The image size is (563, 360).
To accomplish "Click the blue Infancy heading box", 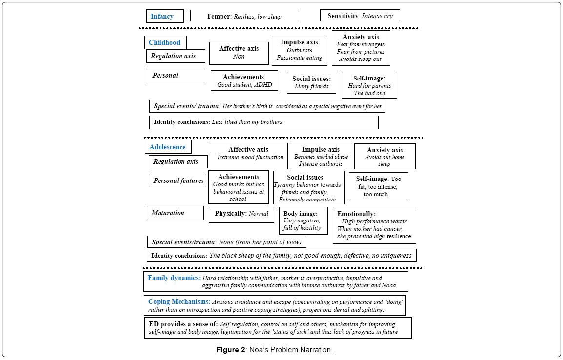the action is (x=165, y=16).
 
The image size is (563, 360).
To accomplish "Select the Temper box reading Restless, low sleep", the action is (x=244, y=16).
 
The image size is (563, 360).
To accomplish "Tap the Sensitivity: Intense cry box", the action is (x=360, y=16).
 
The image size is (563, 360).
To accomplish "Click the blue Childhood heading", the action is (x=164, y=42).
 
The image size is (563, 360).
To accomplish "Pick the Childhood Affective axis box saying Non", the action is (x=239, y=53).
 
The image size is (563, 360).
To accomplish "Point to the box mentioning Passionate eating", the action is (x=300, y=51).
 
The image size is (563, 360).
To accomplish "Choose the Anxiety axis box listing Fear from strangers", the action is (x=361, y=48).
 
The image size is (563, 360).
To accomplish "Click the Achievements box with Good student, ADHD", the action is (x=244, y=80).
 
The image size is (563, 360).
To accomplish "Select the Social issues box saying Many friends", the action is (x=312, y=82).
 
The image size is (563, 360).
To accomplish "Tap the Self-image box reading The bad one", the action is (x=369, y=85).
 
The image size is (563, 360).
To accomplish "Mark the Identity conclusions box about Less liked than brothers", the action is (x=264, y=122).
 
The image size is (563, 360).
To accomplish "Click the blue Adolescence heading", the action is (x=168, y=147).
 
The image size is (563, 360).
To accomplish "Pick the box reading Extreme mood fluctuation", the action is (x=248, y=156).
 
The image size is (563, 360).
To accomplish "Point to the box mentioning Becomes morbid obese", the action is (x=321, y=156).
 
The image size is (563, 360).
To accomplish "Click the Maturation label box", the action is (x=175, y=213).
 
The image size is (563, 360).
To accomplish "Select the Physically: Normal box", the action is (x=241, y=215).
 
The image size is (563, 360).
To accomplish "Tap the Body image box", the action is (x=303, y=221).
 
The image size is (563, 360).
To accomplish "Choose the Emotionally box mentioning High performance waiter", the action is (x=375, y=225).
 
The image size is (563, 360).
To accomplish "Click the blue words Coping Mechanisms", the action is (x=180, y=302).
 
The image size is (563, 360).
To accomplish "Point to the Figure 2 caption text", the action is (x=275, y=350).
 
